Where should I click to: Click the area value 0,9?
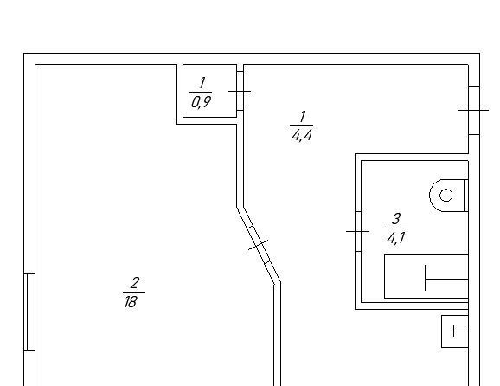pyautogui.click(x=202, y=102)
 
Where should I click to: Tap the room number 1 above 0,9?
pyautogui.click(x=202, y=83)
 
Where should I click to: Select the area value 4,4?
pyautogui.click(x=302, y=136)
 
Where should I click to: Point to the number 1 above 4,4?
pyautogui.click(x=303, y=117)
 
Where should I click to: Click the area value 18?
pyautogui.click(x=131, y=302)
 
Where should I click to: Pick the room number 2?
pyautogui.click(x=135, y=283)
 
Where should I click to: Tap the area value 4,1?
pyautogui.click(x=395, y=238)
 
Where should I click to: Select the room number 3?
pyautogui.click(x=396, y=219)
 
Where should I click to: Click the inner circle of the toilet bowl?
pyautogui.click(x=446, y=196)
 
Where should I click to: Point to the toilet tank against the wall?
pyautogui.click(x=466, y=196)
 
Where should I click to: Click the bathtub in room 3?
pyautogui.click(x=426, y=277)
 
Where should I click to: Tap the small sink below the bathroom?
pyautogui.click(x=455, y=331)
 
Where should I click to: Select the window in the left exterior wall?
pyautogui.click(x=29, y=312)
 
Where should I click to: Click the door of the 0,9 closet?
pyautogui.click(x=240, y=91)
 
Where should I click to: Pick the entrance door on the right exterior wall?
pyautogui.click(x=474, y=110)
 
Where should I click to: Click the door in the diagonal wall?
pyautogui.click(x=259, y=245)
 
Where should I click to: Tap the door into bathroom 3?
pyautogui.click(x=358, y=231)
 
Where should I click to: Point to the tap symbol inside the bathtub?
pyautogui.click(x=446, y=278)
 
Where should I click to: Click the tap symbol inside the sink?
pyautogui.click(x=461, y=331)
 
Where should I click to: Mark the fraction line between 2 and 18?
pyautogui.click(x=134, y=292)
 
